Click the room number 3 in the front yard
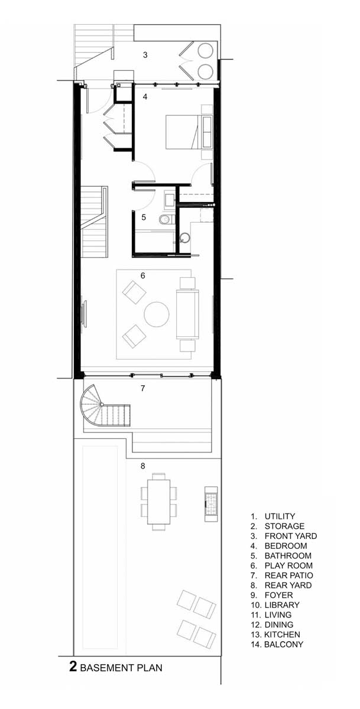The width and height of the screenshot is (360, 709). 145,55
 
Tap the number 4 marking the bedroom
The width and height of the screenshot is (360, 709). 145,96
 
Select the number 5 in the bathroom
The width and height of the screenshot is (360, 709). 144,217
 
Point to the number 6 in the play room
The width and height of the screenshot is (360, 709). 143,275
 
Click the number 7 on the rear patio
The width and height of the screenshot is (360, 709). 143,388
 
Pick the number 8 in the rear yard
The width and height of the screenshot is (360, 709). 143,466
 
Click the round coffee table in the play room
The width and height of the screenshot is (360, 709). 157,314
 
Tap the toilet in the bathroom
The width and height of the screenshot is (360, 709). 166,219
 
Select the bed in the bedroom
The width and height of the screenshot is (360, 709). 189,132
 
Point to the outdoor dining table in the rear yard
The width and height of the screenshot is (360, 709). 158,502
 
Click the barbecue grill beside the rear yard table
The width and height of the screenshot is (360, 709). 211,504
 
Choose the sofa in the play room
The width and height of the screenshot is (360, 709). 187,314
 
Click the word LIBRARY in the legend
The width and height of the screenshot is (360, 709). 282,605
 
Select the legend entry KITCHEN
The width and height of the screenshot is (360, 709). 282,635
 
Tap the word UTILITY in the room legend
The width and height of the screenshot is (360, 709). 280,516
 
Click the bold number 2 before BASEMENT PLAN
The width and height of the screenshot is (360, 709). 73,666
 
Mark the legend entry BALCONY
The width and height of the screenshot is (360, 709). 284,644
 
